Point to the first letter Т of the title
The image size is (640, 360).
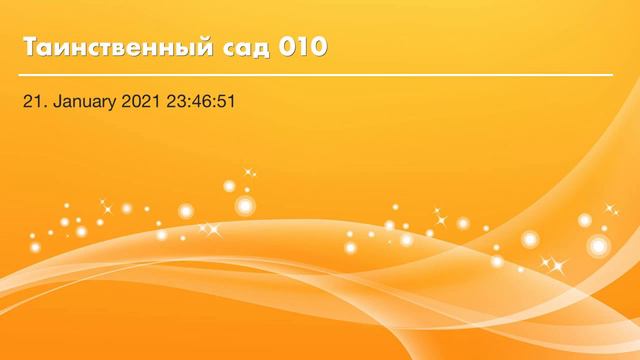tap(28, 48)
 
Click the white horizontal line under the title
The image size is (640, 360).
tap(316, 75)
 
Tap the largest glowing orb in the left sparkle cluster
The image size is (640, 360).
tap(245, 206)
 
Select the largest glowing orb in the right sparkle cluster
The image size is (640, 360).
tap(598, 245)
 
